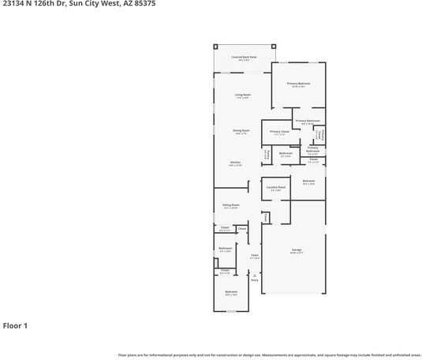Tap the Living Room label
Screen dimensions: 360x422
pos(242,96)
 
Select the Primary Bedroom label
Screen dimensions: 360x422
pos(298,84)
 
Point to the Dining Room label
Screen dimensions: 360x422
pos(241,131)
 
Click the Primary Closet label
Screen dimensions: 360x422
pos(279,132)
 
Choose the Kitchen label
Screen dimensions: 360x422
pos(235,163)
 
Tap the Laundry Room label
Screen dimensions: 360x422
pos(275,188)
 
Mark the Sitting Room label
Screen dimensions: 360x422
pos(230,206)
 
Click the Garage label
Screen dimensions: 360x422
pos(297,251)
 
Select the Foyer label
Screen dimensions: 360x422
pos(255,256)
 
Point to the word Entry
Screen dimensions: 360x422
pos(255,279)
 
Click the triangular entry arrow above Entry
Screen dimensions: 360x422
pos(255,274)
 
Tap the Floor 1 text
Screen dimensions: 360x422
pos(15,325)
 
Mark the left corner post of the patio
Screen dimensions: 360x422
pos(215,46)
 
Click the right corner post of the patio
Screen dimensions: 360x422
pos(273,46)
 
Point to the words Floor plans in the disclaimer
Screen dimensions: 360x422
pos(127,355)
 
